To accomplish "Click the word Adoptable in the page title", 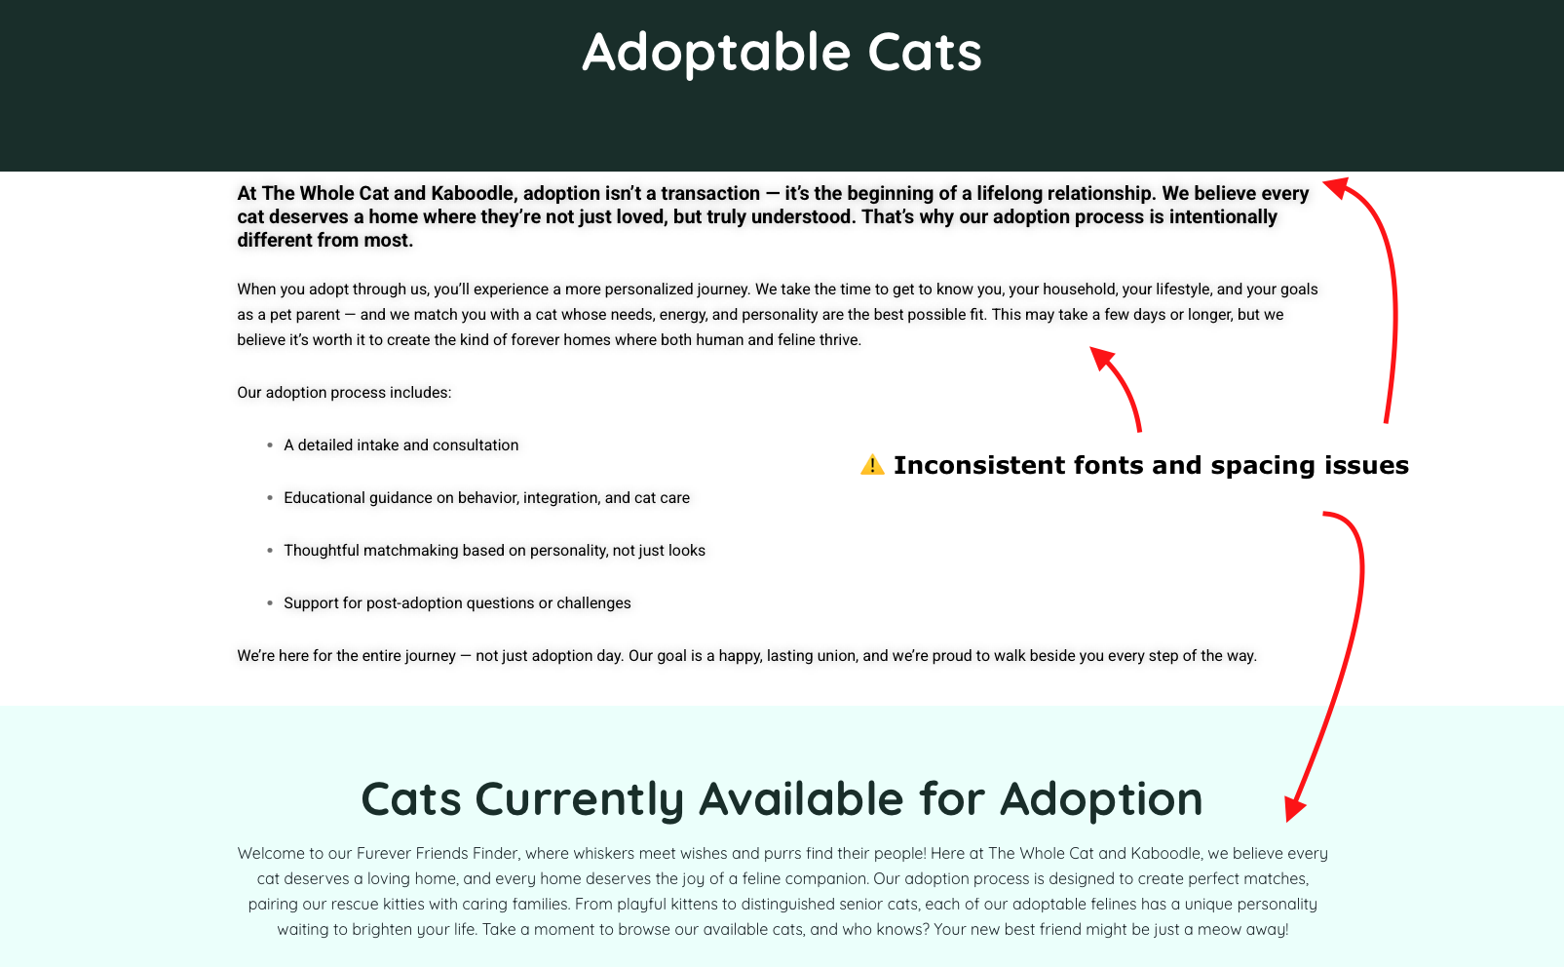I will point(716,53).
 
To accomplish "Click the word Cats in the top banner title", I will point(924,53).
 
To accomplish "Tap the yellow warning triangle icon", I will point(872,465).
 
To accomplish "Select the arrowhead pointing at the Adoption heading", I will point(1294,808).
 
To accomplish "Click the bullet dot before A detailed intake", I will point(270,445).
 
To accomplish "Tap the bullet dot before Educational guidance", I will point(270,498).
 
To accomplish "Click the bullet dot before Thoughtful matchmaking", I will point(270,551).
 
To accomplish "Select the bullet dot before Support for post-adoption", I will point(270,603).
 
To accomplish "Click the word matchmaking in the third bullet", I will point(410,551).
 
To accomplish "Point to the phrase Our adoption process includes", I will point(344,393).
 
